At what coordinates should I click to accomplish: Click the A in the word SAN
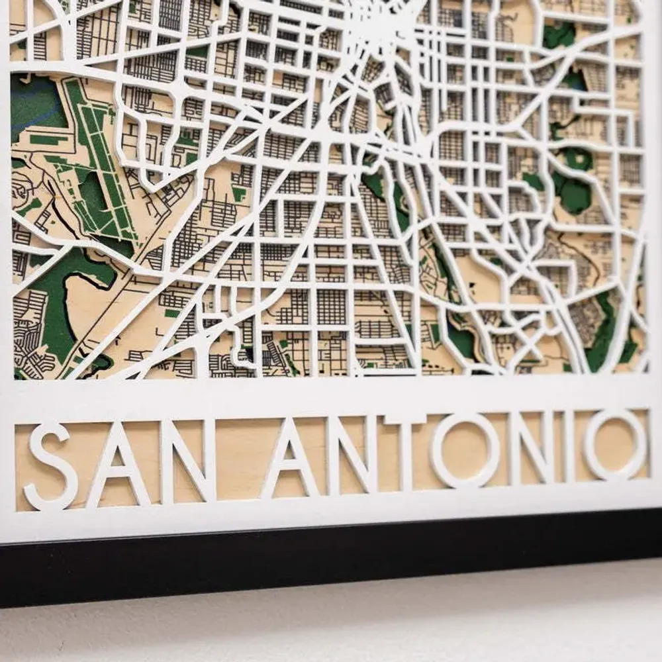(x=119, y=463)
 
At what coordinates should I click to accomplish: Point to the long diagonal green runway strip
(x=99, y=159)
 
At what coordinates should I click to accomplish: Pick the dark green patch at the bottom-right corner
(x=606, y=338)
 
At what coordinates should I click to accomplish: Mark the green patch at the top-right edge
(x=559, y=33)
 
